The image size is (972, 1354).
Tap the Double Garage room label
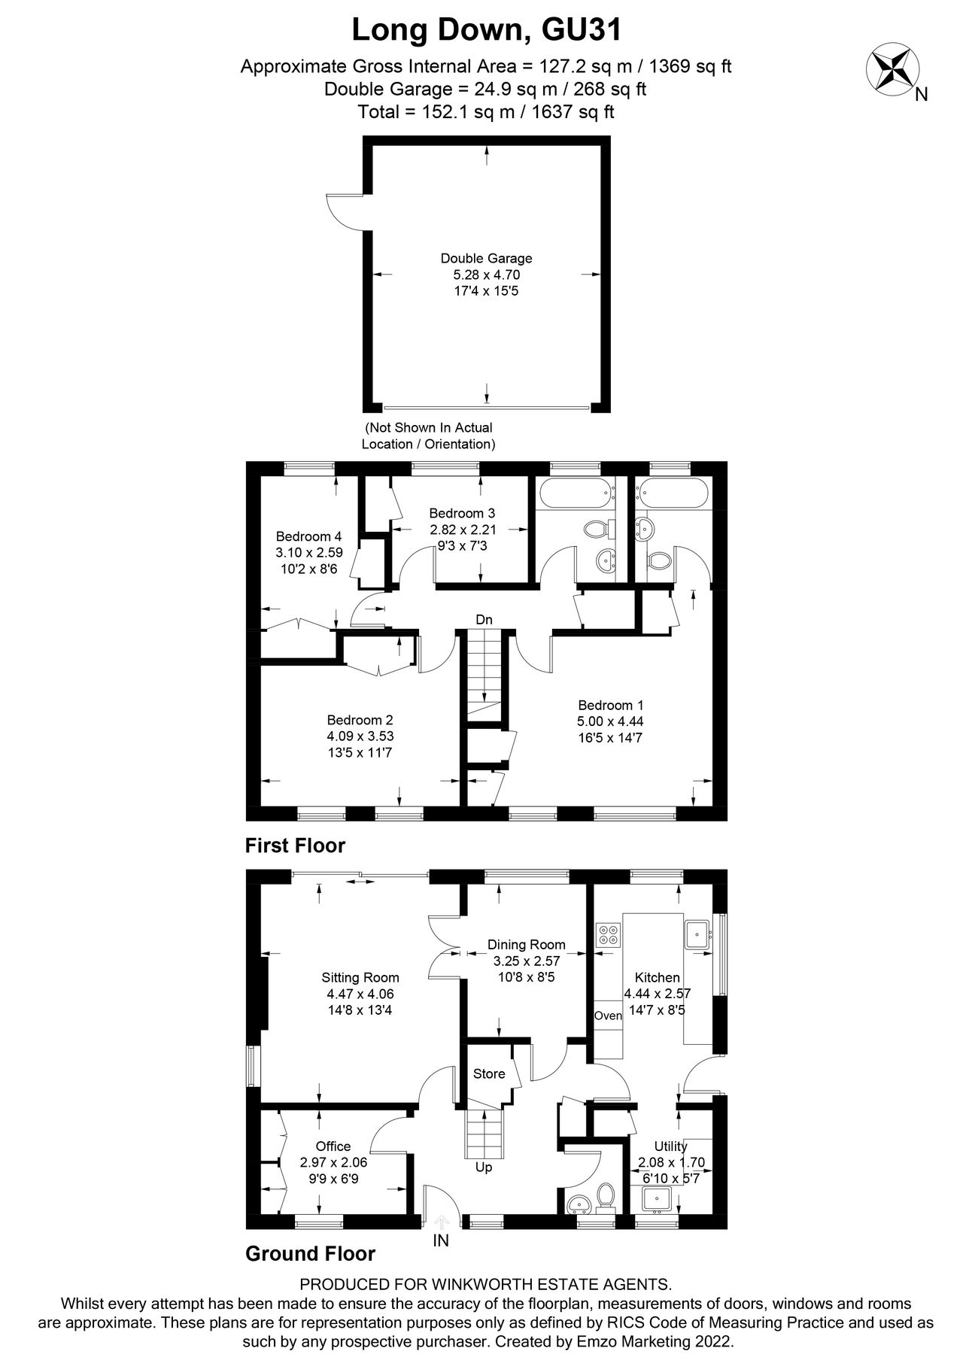486,258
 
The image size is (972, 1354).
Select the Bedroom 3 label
462,513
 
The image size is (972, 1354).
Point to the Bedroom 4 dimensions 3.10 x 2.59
308,552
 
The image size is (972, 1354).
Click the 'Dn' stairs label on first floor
484,620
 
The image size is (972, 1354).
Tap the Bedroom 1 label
610,706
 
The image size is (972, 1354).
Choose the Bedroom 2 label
360,720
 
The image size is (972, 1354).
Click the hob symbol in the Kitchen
607,935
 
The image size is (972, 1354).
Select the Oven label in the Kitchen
608,1015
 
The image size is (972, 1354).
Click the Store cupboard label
489,1073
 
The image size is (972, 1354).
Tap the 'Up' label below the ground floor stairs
484,1167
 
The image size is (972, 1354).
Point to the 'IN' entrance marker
441,1241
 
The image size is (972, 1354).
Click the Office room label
333,1146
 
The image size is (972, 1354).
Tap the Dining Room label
526,945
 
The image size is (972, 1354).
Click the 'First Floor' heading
295,845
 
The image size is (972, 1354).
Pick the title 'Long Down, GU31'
487,31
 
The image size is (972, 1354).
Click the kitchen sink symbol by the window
697,935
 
